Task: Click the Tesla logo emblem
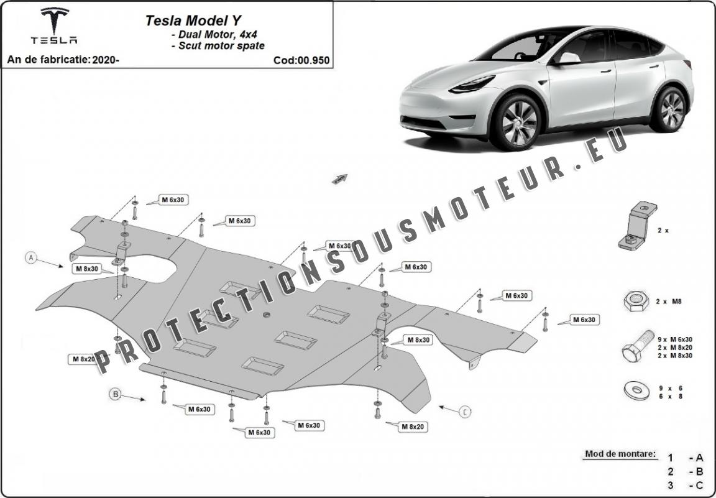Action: pyautogui.click(x=54, y=20)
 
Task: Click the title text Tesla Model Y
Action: pyautogui.click(x=193, y=21)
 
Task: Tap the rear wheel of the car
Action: pyautogui.click(x=671, y=109)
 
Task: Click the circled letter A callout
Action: pyautogui.click(x=31, y=258)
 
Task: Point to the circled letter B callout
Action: pyautogui.click(x=116, y=394)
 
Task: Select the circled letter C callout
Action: pyautogui.click(x=465, y=412)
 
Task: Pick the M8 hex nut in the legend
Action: pyautogui.click(x=636, y=301)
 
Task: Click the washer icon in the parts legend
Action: pyautogui.click(x=636, y=390)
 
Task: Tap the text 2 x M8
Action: pyautogui.click(x=669, y=302)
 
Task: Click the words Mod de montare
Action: pyautogui.click(x=620, y=454)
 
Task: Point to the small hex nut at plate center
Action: pyautogui.click(x=266, y=315)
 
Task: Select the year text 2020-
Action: pyautogui.click(x=106, y=60)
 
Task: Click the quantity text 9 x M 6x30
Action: pyautogui.click(x=675, y=339)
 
